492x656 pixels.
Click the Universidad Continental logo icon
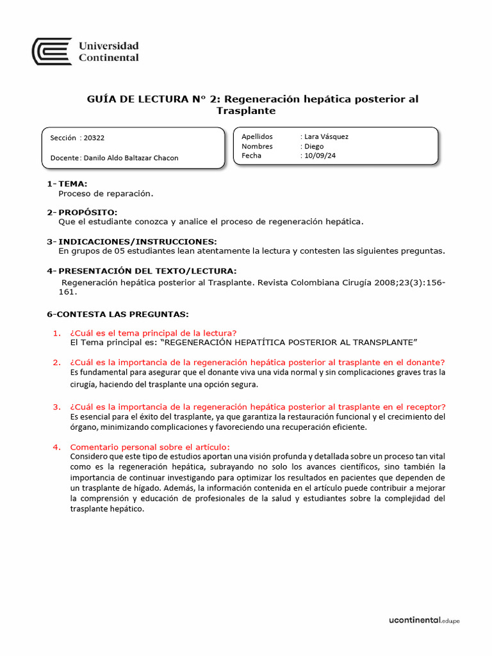[x=52, y=51]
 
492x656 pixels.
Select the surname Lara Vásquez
[x=326, y=136]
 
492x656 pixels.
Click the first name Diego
[x=314, y=146]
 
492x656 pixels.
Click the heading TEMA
[x=72, y=184]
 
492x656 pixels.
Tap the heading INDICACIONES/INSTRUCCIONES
[x=137, y=242]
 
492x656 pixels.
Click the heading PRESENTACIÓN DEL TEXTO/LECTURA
[x=147, y=271]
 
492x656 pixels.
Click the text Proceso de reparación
[x=106, y=193]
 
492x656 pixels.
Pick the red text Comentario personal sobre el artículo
[x=149, y=447]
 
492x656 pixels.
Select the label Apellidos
[x=257, y=136]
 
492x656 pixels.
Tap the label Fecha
[x=251, y=156]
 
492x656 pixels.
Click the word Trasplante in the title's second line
[x=246, y=111]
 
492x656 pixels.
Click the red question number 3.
[x=56, y=407]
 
